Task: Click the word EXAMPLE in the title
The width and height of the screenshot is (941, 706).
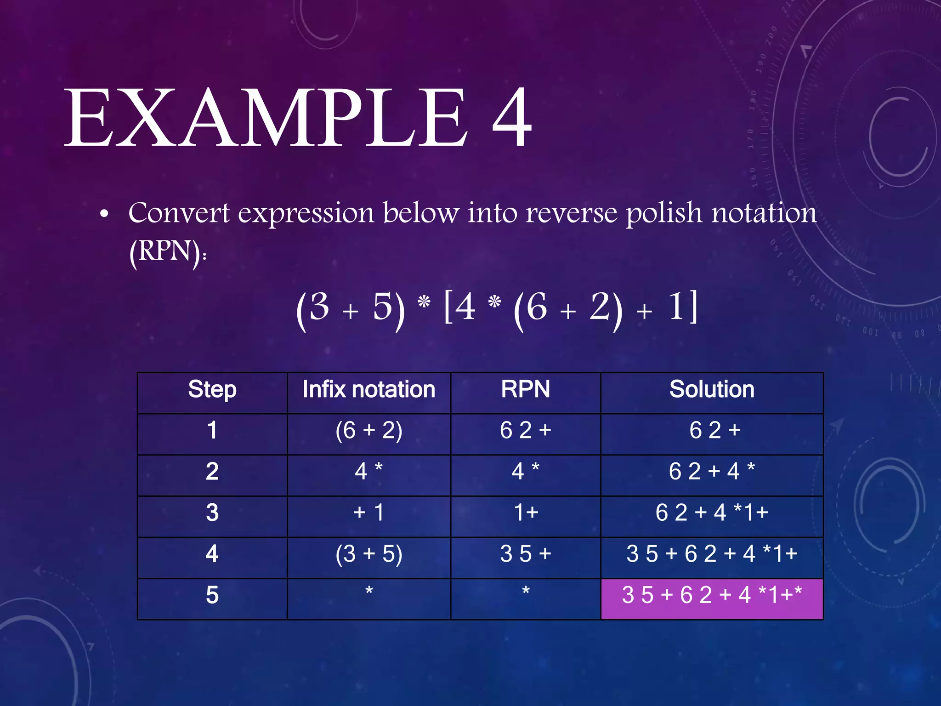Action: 266,118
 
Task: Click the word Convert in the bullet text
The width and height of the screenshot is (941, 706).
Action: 179,213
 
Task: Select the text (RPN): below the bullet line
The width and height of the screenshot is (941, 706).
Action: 168,252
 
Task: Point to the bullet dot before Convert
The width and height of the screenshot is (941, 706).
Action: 104,214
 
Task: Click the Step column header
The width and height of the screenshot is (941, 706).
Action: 212,390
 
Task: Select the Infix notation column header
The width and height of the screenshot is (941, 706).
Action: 368,390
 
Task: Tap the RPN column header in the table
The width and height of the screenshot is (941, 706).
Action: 525,390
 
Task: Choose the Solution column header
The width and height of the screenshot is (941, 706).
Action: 711,390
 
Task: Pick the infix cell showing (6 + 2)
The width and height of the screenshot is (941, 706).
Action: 368,431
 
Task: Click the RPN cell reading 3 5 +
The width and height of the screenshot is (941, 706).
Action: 525,554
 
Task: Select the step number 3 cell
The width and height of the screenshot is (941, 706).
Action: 212,513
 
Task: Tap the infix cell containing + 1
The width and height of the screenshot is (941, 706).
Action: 368,513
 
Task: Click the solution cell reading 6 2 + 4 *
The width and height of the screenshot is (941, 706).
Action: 711,472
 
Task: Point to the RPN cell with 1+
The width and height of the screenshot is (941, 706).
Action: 525,513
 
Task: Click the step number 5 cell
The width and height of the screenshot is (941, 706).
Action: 212,596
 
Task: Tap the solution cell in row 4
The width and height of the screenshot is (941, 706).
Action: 711,554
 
